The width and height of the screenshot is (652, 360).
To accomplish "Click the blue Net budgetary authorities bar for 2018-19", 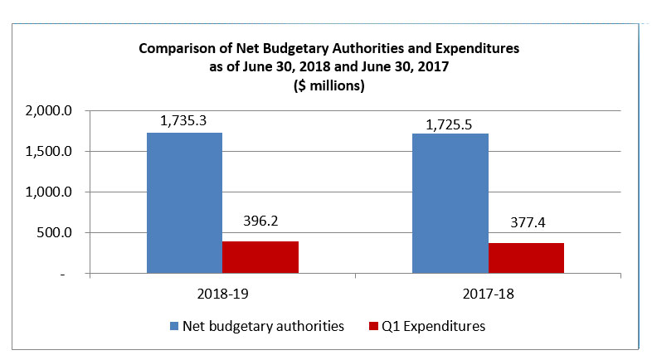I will [184, 202].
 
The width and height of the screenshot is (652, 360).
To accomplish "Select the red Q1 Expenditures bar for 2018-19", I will [260, 256].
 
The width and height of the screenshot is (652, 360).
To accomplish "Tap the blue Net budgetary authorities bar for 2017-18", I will [450, 202].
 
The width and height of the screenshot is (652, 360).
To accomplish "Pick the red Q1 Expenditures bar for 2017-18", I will [526, 257].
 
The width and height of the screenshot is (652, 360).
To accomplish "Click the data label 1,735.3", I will [183, 120].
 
